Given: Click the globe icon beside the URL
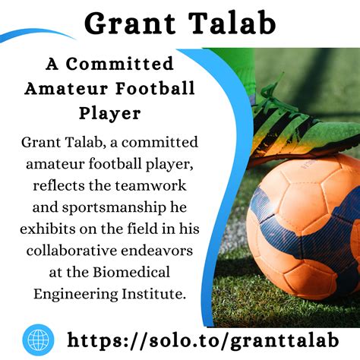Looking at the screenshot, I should click(39, 338).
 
